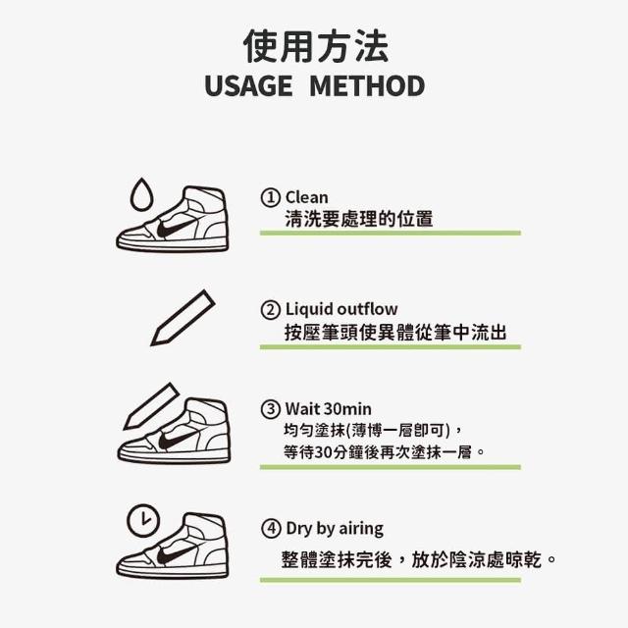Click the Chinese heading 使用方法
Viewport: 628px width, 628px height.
coord(316,46)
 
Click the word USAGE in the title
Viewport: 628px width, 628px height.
coord(248,85)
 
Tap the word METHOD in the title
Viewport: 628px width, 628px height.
coord(367,85)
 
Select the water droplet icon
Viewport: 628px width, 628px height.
coord(141,194)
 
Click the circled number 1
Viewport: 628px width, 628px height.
coord(271,197)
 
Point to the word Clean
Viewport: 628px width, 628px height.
coord(307,197)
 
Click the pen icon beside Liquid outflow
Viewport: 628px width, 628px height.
coord(183,318)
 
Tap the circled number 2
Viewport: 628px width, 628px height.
coord(271,310)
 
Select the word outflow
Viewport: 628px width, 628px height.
coord(367,309)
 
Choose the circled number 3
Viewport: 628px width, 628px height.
coord(271,409)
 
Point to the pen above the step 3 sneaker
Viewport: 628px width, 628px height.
coord(151,406)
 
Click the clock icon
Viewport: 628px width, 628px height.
coord(143,520)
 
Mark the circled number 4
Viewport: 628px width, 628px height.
coord(271,528)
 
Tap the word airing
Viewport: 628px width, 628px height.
coord(361,529)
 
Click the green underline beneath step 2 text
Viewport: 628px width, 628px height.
coord(391,346)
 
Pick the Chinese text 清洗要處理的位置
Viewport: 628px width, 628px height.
coord(359,219)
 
